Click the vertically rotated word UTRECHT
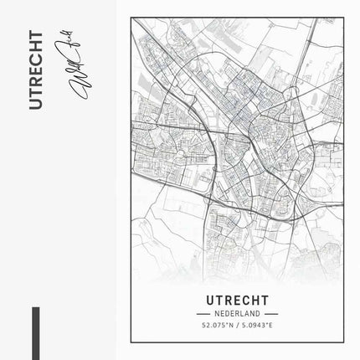[34, 69]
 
